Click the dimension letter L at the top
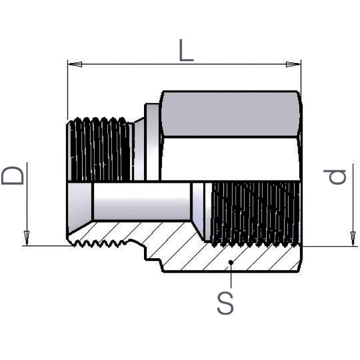[x=186, y=50]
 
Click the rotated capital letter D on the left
[x=12, y=175]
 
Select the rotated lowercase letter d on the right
[x=335, y=177]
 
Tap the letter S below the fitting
[x=225, y=303]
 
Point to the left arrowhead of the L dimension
[x=75, y=64]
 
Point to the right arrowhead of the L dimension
[x=293, y=64]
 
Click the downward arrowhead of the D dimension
[x=27, y=238]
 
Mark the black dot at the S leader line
[x=231, y=262]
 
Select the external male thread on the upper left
[x=100, y=149]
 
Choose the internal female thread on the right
[x=255, y=214]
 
